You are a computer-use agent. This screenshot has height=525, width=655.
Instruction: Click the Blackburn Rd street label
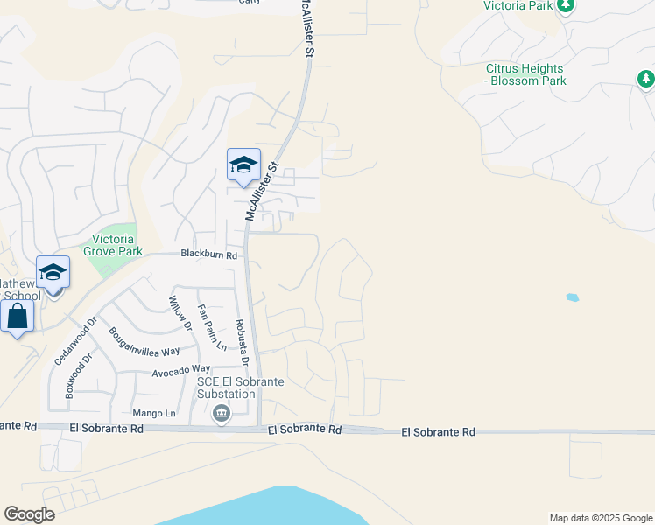(x=208, y=255)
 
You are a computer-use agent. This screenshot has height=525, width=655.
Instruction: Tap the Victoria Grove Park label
(x=113, y=244)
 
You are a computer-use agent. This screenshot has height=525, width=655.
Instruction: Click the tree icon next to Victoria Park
(x=566, y=6)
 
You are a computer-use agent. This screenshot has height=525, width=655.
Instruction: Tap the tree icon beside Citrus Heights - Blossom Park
(x=645, y=80)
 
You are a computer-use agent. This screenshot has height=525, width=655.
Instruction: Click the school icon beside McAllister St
(x=243, y=164)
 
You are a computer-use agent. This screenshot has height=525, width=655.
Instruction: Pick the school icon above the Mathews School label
(x=53, y=272)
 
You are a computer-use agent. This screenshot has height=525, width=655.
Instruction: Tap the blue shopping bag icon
(x=18, y=316)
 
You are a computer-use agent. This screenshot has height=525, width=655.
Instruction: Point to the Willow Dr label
(x=180, y=313)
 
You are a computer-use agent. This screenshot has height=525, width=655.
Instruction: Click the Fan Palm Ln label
(x=212, y=326)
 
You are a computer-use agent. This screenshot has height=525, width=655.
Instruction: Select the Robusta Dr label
(x=243, y=342)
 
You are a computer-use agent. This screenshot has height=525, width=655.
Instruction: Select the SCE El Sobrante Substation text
(x=220, y=388)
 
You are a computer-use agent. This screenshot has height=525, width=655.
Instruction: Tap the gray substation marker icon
(x=221, y=413)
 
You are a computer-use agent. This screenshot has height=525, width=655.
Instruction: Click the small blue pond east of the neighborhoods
(x=573, y=297)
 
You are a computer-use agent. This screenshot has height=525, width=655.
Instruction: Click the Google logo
(x=29, y=514)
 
